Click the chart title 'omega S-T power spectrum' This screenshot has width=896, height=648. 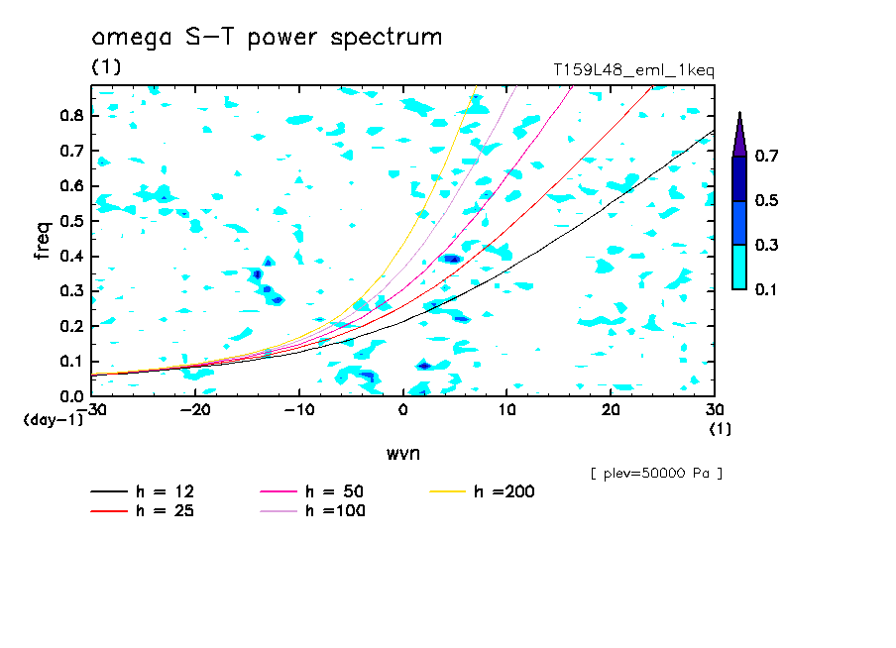[267, 39]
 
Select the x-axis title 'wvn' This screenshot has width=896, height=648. [403, 453]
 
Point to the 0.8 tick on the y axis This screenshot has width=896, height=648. [69, 115]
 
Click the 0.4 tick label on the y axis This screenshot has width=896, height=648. [69, 257]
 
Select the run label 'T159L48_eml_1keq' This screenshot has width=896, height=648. [632, 70]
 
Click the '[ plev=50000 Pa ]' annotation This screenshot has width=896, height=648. [655, 474]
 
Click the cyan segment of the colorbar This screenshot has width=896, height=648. [739, 267]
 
